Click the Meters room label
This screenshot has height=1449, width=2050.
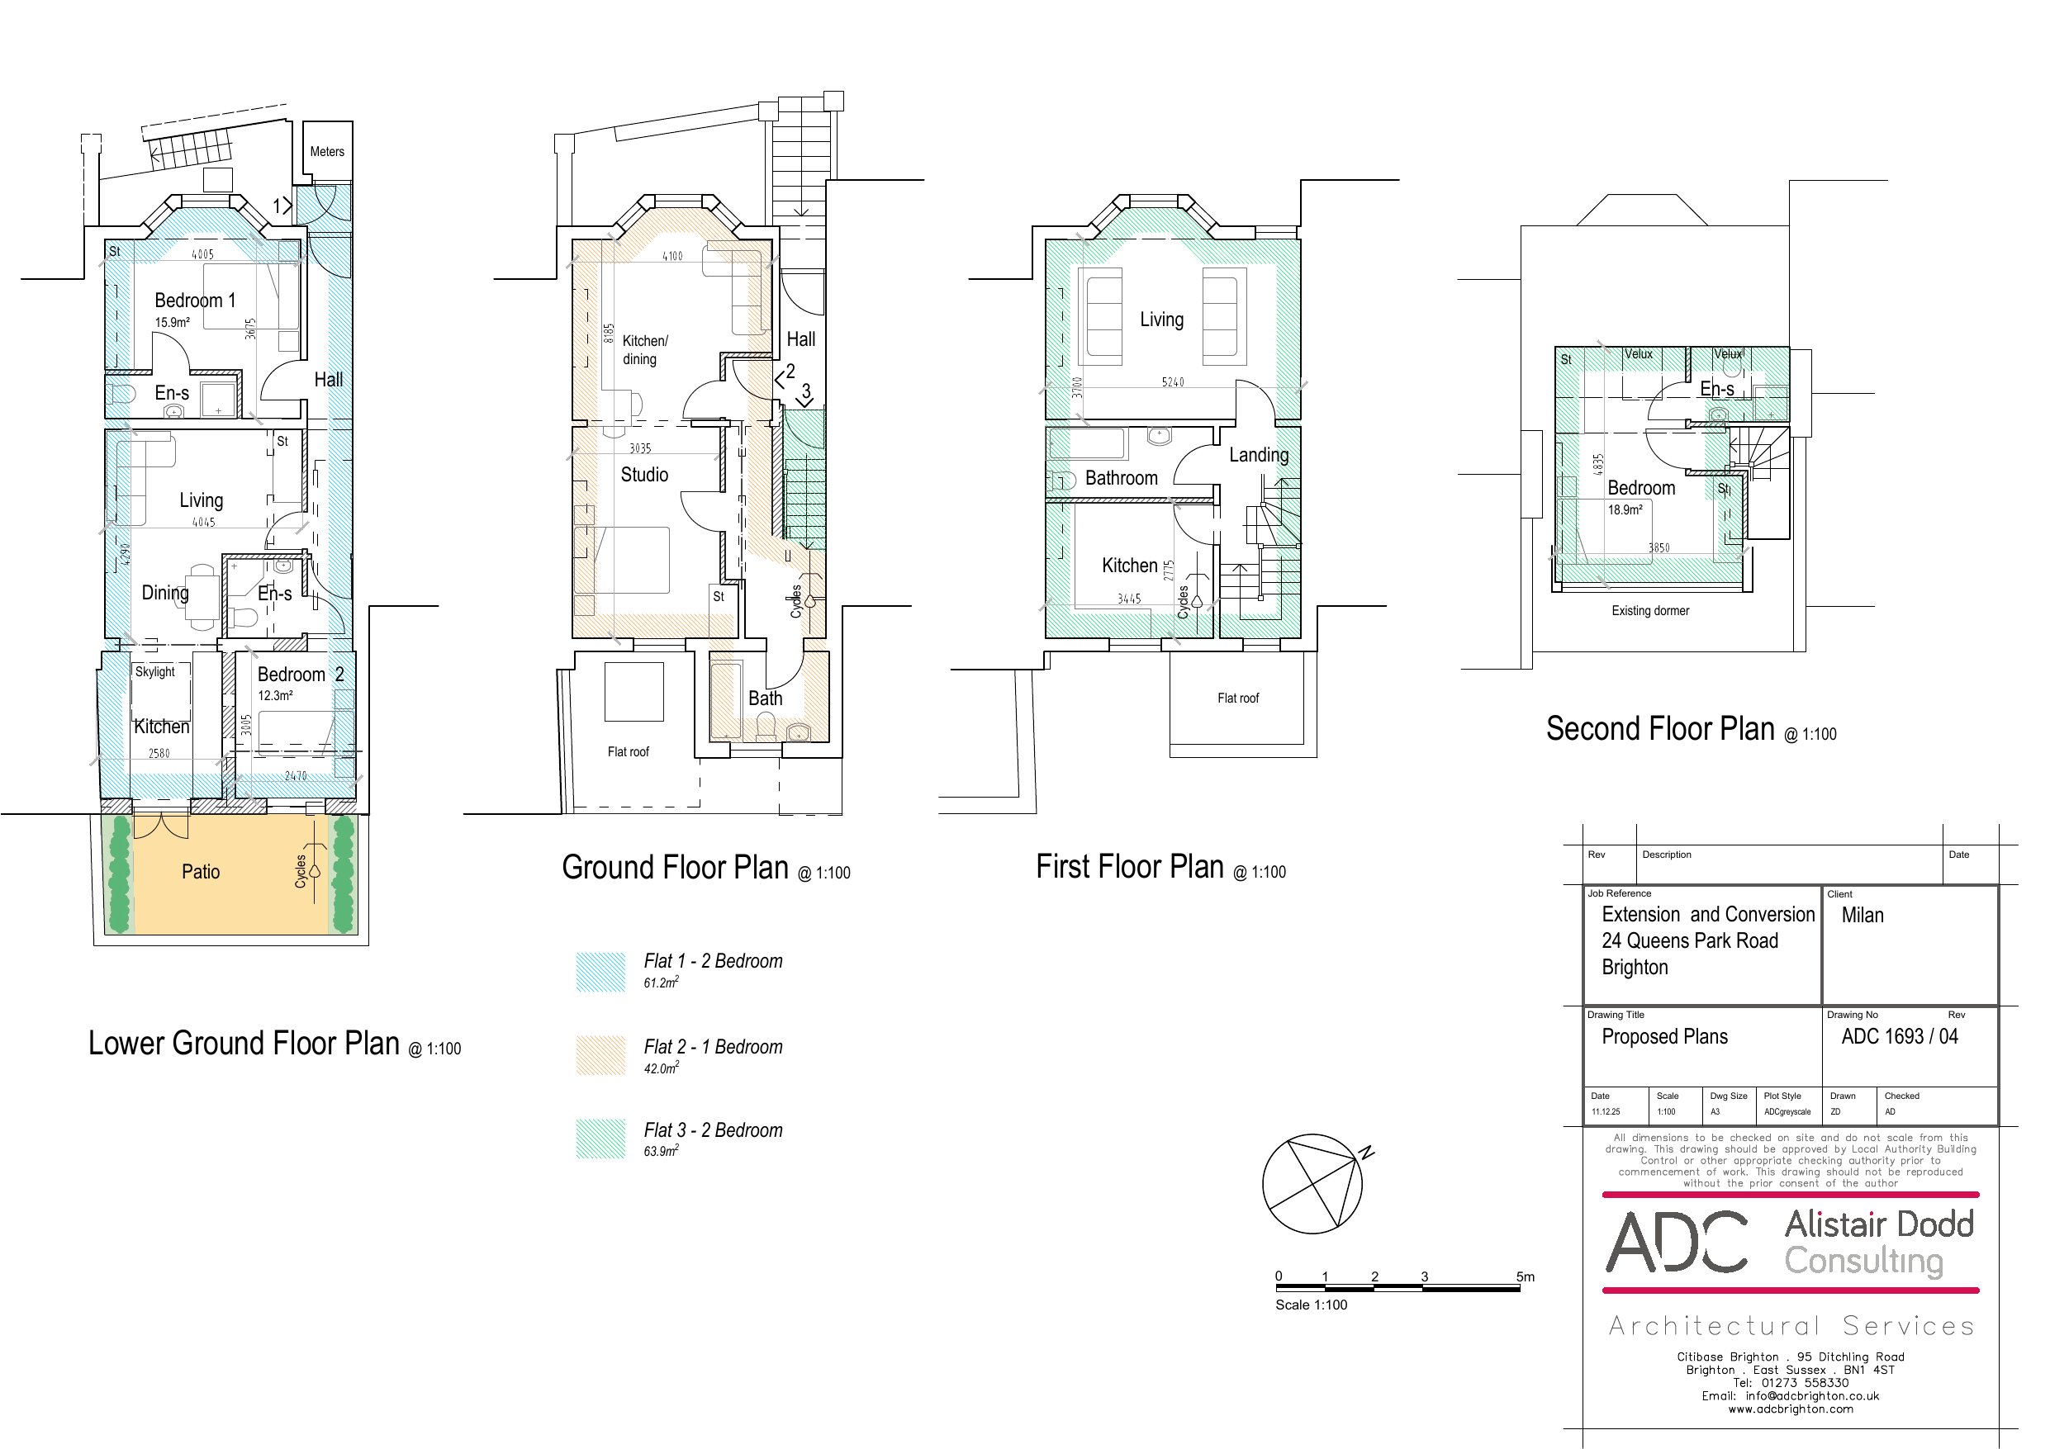(x=327, y=152)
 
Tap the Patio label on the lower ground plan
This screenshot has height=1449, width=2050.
(x=201, y=871)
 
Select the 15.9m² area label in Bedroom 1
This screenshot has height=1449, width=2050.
(x=173, y=322)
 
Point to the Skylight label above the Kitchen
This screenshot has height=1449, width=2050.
(x=155, y=671)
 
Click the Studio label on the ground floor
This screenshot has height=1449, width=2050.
(x=644, y=474)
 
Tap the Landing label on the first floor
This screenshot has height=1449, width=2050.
(x=1259, y=455)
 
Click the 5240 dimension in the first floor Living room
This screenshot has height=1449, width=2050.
(x=1172, y=382)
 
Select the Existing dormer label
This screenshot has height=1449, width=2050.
(x=1650, y=611)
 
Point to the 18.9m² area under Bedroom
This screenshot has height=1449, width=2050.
(x=1625, y=509)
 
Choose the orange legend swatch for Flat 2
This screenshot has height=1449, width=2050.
(x=601, y=1055)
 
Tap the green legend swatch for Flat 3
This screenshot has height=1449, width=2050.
(x=601, y=1139)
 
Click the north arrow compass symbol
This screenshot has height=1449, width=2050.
(x=1313, y=1185)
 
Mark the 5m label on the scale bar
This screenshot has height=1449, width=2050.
(x=1525, y=1276)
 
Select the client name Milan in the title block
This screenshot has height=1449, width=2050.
(x=1863, y=915)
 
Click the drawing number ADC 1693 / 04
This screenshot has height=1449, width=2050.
(x=1899, y=1036)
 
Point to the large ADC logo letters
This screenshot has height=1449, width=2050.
(x=1677, y=1242)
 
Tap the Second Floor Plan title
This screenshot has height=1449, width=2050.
(x=1660, y=728)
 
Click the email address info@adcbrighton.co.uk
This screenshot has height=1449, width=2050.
(x=1812, y=1395)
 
